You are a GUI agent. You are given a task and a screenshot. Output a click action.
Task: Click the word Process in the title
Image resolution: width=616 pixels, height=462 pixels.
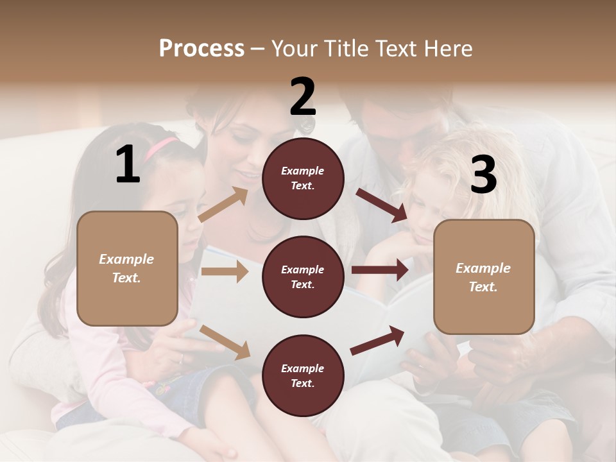201,49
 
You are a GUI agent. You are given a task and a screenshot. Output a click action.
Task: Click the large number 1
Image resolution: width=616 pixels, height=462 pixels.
128,165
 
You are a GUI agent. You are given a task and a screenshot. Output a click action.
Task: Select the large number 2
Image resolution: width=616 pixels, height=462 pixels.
303,97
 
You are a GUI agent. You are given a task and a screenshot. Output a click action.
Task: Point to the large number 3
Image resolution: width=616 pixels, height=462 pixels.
483,175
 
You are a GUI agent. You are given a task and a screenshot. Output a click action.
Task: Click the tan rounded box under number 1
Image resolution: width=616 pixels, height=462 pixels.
127,268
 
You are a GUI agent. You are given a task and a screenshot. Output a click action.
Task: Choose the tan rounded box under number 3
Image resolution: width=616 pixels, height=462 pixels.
484,277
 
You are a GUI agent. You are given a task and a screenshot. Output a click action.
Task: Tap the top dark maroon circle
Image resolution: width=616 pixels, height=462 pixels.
303,178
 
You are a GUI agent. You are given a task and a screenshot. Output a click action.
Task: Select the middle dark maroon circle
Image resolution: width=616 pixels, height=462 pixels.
303,277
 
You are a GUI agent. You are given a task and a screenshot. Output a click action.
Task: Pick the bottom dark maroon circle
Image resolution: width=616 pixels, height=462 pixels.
303,375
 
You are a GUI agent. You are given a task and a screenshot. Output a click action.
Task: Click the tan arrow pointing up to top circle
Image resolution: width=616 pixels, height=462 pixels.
223,204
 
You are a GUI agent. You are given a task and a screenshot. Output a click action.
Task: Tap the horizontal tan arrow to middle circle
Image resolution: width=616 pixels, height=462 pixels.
225,271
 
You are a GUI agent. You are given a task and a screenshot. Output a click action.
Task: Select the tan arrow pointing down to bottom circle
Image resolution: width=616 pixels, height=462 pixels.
225,342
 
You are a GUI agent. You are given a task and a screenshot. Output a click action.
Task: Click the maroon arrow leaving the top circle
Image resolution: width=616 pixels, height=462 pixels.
381,205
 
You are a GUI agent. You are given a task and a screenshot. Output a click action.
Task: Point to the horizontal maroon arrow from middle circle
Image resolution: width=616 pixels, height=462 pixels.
380,270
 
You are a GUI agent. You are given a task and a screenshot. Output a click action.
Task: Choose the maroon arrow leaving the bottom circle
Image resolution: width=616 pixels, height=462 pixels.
377,340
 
